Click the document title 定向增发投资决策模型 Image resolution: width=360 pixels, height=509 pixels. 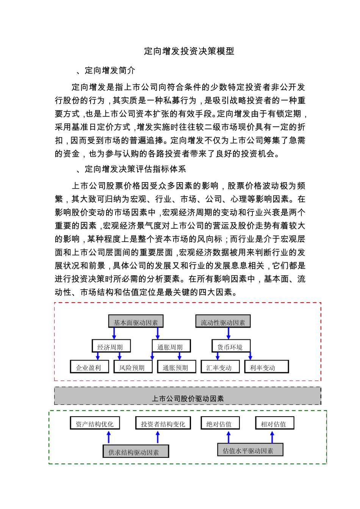(189, 51)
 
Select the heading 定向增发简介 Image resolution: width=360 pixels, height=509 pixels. (110, 70)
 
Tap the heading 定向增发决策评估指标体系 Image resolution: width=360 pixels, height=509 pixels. (135, 169)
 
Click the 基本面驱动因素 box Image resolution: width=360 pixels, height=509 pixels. (136, 322)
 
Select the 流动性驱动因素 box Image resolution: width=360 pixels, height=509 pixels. (223, 322)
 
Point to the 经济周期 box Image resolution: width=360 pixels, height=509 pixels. (111, 347)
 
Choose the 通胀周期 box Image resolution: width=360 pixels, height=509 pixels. (171, 347)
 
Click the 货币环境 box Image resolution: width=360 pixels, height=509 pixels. (231, 347)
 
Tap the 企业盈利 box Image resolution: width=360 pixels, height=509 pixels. (89, 367)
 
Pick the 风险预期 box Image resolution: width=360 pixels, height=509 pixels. (133, 367)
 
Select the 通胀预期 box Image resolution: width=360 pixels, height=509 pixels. (176, 367)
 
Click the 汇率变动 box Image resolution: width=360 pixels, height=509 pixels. (220, 367)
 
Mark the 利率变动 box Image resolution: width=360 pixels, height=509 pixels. (266, 367)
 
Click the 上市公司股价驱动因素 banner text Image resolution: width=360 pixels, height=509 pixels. (188, 398)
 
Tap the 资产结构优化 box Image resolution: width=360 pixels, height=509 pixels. (95, 424)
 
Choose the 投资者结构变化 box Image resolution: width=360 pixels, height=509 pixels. (163, 424)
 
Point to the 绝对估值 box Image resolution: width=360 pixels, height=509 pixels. (220, 424)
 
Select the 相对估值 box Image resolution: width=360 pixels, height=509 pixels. (274, 424)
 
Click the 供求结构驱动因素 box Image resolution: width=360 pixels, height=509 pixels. (135, 452)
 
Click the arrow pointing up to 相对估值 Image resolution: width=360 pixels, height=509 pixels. (272, 437)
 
